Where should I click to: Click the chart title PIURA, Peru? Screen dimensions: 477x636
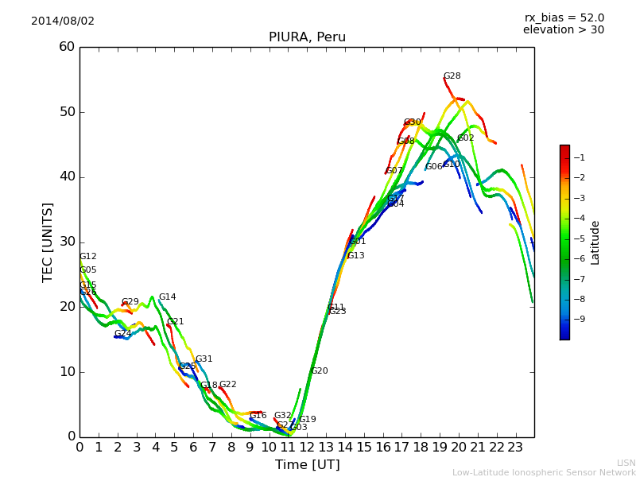pos(307,37)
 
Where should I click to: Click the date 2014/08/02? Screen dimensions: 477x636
pos(63,21)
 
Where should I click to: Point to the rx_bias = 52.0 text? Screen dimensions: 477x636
pos(564,17)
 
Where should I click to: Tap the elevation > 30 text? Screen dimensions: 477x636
pos(564,30)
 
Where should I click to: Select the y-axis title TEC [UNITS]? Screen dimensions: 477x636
pos(48,242)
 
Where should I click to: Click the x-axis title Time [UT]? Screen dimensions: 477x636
pos(307,464)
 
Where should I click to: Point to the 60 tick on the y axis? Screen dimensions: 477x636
pos(67,47)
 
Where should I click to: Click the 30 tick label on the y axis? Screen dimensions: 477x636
pos(67,242)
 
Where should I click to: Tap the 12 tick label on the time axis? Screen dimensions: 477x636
pos(307,447)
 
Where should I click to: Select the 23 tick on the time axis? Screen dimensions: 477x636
pos(515,447)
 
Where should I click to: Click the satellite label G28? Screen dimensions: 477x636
pos(452,76)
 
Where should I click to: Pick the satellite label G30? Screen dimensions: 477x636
pos(412,122)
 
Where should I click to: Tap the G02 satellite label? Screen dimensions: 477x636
pos(465,138)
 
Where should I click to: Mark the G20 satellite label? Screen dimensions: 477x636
pos(319,371)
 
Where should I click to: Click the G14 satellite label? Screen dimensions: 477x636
pos(167,297)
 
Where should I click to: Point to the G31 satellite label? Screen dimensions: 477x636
pos(204,359)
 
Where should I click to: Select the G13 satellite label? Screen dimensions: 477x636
pos(355,256)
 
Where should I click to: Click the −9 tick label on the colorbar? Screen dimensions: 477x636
pos(579,319)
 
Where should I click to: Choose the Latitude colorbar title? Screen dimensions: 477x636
pos(595,242)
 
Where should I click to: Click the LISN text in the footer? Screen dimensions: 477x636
pos(626,463)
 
